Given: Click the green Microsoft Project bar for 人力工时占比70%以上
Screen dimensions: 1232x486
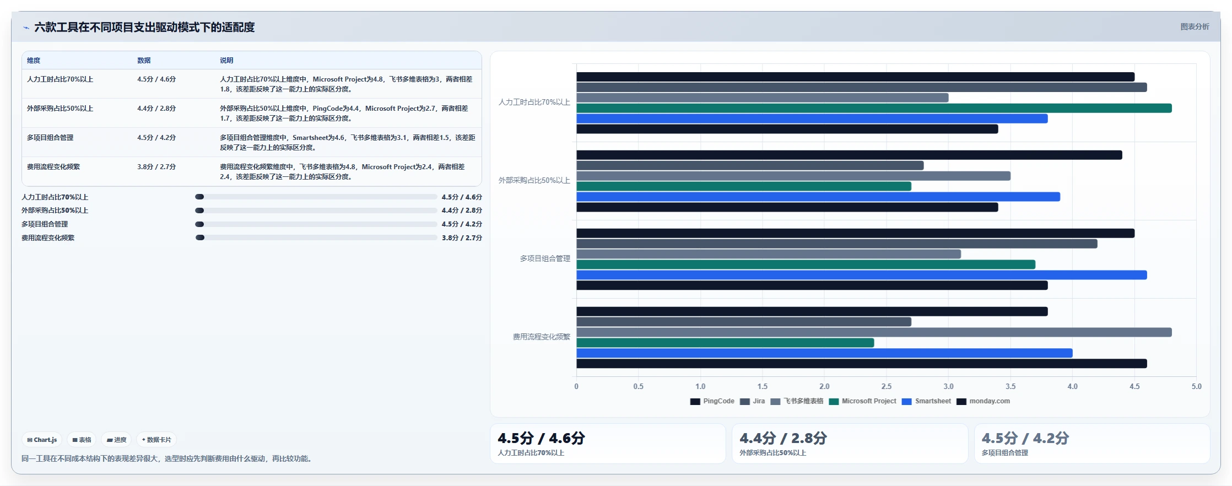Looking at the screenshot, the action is point(874,108).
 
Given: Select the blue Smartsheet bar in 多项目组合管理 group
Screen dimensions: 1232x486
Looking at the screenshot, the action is point(862,275).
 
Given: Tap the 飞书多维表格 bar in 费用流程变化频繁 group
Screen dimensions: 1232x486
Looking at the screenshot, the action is point(874,332).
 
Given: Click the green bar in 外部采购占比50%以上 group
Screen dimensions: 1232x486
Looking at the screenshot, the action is point(744,186).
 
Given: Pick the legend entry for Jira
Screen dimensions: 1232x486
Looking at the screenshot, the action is point(753,401).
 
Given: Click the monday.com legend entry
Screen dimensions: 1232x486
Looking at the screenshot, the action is point(984,401).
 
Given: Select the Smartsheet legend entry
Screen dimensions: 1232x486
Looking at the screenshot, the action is point(927,401).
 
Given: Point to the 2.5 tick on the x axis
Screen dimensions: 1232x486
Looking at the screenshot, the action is point(887,386).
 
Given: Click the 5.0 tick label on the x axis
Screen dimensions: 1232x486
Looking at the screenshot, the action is point(1196,386).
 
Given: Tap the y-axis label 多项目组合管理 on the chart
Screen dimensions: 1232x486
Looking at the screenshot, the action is point(545,258).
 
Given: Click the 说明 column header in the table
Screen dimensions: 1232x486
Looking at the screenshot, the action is point(226,61).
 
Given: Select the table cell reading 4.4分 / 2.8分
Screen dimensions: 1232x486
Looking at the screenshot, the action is point(156,109).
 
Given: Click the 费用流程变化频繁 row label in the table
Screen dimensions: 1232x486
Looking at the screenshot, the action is point(53,167).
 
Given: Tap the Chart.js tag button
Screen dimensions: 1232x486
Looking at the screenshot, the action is point(42,440).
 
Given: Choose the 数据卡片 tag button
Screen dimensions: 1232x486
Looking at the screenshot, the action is point(156,440).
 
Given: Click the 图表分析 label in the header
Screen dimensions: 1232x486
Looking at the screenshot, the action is point(1195,26).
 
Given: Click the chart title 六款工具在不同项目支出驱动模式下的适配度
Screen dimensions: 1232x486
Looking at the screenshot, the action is point(144,27).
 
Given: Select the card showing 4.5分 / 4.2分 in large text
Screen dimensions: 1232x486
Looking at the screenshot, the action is point(1092,444).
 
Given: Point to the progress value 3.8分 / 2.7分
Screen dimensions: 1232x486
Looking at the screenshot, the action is point(462,238).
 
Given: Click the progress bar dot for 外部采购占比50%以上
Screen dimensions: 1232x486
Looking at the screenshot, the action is point(199,210).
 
